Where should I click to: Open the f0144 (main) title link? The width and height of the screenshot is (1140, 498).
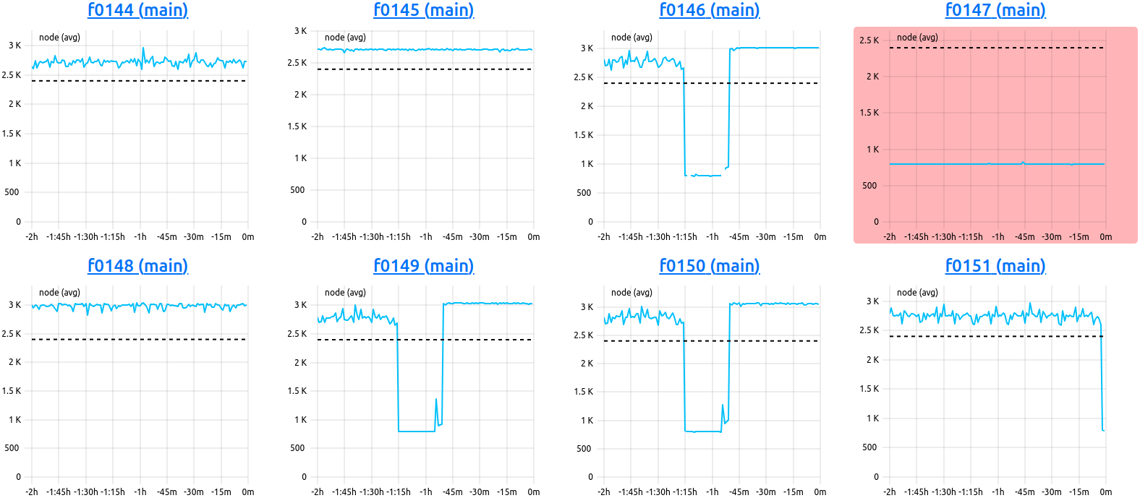tap(137, 10)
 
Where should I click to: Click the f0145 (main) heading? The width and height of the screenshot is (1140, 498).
tap(423, 10)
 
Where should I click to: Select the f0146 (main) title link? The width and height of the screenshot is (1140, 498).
tap(709, 10)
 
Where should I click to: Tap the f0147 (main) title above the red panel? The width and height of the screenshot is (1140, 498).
tap(995, 10)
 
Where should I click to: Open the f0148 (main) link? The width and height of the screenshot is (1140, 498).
tap(137, 266)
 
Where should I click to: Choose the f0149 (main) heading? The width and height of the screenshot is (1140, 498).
tap(423, 266)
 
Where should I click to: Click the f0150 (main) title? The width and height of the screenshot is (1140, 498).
tap(709, 266)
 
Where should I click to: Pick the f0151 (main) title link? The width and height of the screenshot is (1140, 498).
tap(995, 266)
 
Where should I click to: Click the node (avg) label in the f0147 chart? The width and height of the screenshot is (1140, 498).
tap(917, 38)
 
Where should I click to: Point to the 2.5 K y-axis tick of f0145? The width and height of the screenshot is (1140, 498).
tap(297, 63)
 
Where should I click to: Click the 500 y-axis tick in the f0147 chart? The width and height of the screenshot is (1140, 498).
tap(869, 186)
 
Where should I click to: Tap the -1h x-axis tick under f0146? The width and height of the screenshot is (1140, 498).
tap(712, 237)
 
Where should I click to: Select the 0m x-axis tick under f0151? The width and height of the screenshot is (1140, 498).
tap(1105, 492)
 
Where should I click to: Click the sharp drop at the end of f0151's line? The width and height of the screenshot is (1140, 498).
tap(1102, 383)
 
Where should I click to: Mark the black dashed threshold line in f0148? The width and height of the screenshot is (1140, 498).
tap(137, 339)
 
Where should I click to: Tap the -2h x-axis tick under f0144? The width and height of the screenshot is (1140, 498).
tap(32, 237)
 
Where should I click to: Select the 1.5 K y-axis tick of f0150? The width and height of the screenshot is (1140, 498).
tap(583, 392)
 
